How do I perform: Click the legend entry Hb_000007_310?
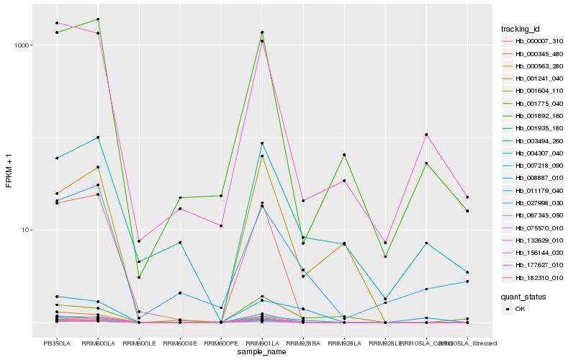coord(534,41)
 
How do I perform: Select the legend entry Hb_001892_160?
coord(534,116)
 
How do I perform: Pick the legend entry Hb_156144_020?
coord(534,253)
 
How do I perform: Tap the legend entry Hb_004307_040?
coord(534,153)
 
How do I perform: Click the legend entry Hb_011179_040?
coord(534,191)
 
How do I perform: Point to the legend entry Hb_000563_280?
coord(534,66)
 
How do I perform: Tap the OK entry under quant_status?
coord(520,308)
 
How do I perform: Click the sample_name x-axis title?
coord(262,352)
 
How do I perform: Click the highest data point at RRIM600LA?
coord(98,19)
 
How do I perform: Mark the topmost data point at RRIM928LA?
coord(344,155)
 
